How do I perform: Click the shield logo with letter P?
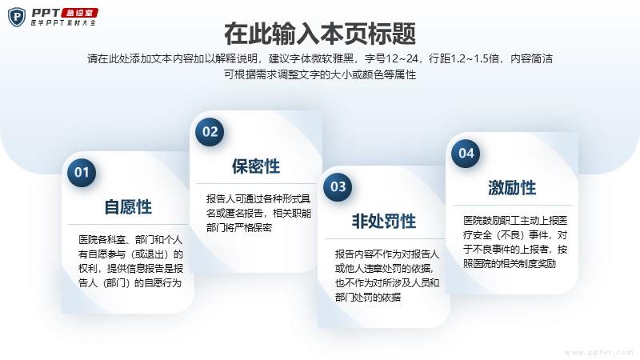[x=17, y=17]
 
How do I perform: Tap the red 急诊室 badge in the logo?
[x=80, y=13]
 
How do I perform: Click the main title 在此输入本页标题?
[x=320, y=34]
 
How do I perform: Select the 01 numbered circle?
[x=82, y=172]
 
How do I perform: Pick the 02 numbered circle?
[x=210, y=132]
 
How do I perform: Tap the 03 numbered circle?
[x=338, y=186]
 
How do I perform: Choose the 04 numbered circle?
[x=466, y=153]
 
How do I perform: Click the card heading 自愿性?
[x=128, y=207]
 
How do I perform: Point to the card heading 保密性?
[x=256, y=166]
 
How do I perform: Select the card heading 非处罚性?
[x=384, y=222]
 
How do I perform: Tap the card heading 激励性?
[x=512, y=188]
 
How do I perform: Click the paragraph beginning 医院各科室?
[x=130, y=262]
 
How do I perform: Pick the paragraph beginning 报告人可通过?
[x=258, y=213]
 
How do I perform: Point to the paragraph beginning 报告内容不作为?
[x=387, y=275]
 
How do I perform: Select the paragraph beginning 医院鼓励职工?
[x=515, y=242]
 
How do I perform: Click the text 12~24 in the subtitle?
[x=402, y=58]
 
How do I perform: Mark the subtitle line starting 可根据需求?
[x=320, y=74]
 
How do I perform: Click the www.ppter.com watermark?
[x=598, y=352]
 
